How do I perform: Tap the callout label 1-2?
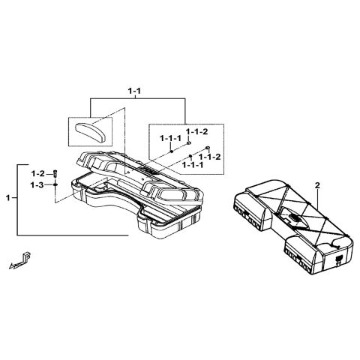pos(37,172)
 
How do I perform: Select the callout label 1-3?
pos(37,184)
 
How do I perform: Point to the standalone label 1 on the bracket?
pos(8,198)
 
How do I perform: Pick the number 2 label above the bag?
pos(317,184)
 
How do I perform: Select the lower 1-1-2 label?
pos(209,156)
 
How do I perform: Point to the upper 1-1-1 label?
pos(169,139)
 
